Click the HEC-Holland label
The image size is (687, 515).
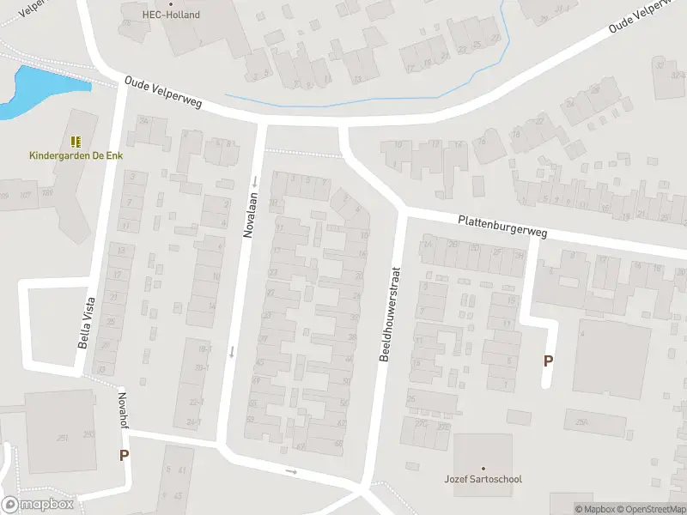[171, 15]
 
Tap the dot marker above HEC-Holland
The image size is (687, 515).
[171, 3]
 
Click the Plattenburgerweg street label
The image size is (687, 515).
[503, 227]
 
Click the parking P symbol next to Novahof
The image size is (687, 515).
[124, 456]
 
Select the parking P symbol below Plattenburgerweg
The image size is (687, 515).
[548, 361]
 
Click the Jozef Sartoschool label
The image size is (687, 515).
[483, 479]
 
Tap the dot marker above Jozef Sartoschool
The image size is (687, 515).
[483, 468]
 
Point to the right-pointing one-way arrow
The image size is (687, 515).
[291, 471]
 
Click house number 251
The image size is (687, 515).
[63, 438]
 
